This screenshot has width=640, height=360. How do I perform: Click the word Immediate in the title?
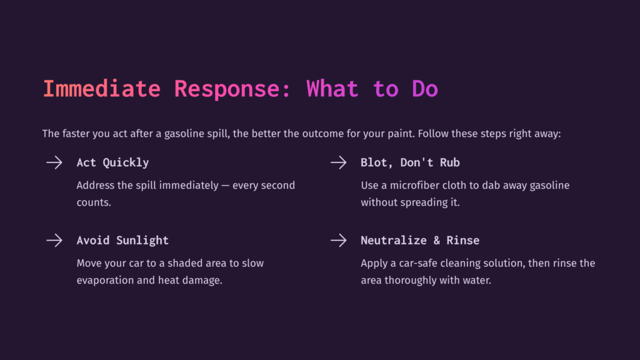coord(101,89)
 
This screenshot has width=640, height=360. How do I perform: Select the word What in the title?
coord(332,89)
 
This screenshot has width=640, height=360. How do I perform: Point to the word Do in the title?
coord(425,89)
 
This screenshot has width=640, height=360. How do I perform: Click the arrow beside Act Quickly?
coord(54,162)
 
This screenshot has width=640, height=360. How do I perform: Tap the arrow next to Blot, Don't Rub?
coord(338,162)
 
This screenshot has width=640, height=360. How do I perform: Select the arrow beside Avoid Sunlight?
coord(54,240)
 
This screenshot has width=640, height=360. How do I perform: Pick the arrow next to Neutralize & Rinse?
coord(338,240)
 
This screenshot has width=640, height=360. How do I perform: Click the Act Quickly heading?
coord(112,162)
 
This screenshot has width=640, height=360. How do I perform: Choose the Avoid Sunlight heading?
coord(122,240)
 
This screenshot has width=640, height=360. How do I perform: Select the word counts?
coord(94,202)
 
